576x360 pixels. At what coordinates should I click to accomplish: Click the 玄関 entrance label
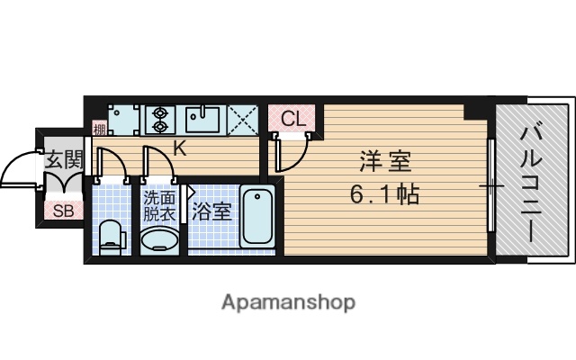point(63,161)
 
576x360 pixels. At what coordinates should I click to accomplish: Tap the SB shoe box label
point(63,211)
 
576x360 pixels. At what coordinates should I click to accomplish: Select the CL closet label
point(292,118)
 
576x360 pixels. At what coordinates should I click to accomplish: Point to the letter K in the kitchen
point(180,148)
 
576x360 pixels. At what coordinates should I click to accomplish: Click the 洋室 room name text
point(385,162)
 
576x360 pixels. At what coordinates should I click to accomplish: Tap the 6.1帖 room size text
point(385,193)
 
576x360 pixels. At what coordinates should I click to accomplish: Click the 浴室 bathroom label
point(212,212)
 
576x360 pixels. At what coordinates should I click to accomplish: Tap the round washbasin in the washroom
point(159,240)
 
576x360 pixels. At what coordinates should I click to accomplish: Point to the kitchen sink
point(204,117)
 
